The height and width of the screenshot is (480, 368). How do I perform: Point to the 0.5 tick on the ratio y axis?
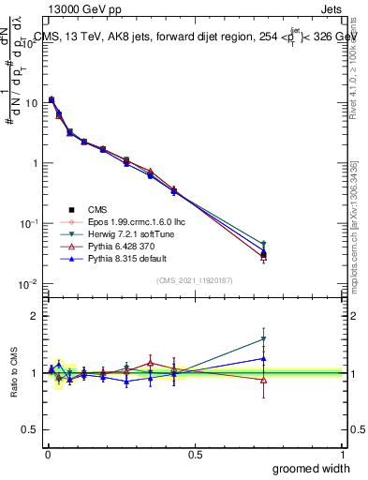click(28, 430)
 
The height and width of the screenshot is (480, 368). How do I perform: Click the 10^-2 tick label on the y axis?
click(27, 284)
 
